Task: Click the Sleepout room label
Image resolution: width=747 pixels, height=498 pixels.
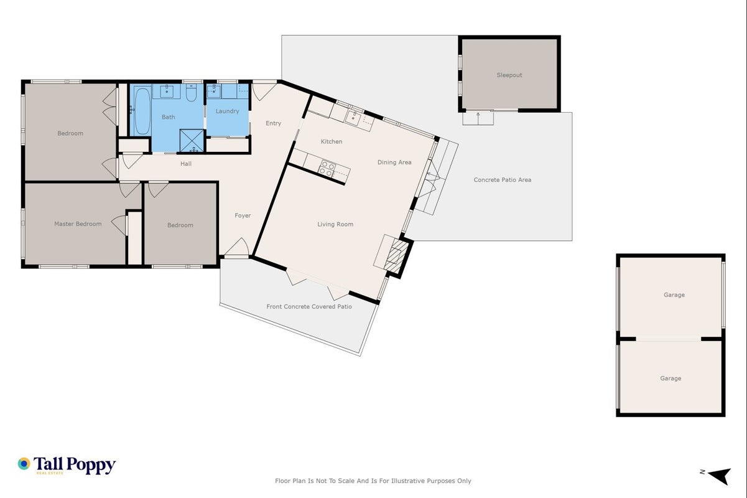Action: pyautogui.click(x=509, y=75)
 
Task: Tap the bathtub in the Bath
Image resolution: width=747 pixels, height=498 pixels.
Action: pyautogui.click(x=142, y=110)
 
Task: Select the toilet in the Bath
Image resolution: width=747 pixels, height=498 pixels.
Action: pyautogui.click(x=191, y=93)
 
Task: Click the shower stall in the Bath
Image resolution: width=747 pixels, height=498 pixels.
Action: pyautogui.click(x=192, y=141)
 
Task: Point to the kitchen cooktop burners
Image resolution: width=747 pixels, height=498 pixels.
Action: pyautogui.click(x=327, y=169)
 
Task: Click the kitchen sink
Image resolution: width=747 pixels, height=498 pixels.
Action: pyautogui.click(x=353, y=118)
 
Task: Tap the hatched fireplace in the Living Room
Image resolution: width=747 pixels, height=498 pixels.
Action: pyautogui.click(x=396, y=255)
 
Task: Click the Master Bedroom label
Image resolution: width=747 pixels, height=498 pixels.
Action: pyautogui.click(x=78, y=224)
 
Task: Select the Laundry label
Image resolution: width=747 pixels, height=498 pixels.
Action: pyautogui.click(x=228, y=111)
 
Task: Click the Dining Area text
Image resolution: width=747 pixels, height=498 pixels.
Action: pyautogui.click(x=394, y=162)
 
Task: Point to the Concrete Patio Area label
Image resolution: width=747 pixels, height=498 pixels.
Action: pyautogui.click(x=503, y=180)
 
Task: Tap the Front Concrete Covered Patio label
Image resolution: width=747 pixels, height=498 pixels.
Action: pyautogui.click(x=309, y=306)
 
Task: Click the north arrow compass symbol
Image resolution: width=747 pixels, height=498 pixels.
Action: pyautogui.click(x=720, y=476)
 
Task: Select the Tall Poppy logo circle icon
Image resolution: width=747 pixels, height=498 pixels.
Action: pyautogui.click(x=24, y=464)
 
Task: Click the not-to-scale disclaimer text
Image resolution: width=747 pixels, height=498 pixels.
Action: pyautogui.click(x=373, y=481)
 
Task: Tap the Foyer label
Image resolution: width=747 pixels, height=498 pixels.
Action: pyautogui.click(x=243, y=215)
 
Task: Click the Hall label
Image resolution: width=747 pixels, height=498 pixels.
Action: pyautogui.click(x=186, y=164)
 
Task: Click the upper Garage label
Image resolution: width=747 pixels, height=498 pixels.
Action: pyautogui.click(x=674, y=295)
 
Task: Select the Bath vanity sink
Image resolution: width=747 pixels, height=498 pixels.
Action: pyautogui.click(x=167, y=91)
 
